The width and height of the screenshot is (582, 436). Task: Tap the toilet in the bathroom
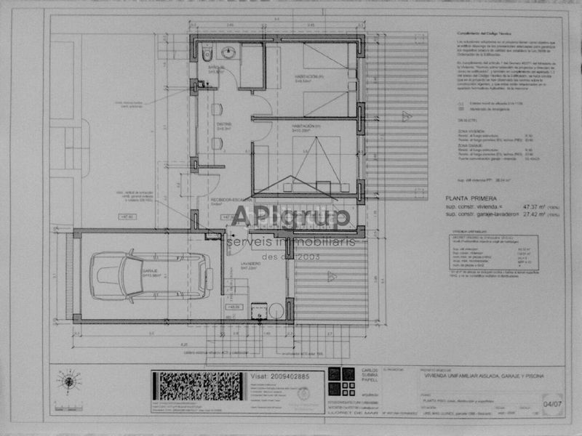(x=207, y=53)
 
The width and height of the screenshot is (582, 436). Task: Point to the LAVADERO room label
(x=250, y=266)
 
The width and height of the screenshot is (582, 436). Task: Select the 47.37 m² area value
(x=530, y=206)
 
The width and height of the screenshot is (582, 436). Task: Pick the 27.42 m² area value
(x=530, y=215)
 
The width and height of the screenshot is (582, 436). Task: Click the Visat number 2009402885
(x=279, y=376)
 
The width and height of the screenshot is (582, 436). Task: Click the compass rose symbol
(x=69, y=381)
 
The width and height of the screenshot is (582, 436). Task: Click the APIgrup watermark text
(x=291, y=217)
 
